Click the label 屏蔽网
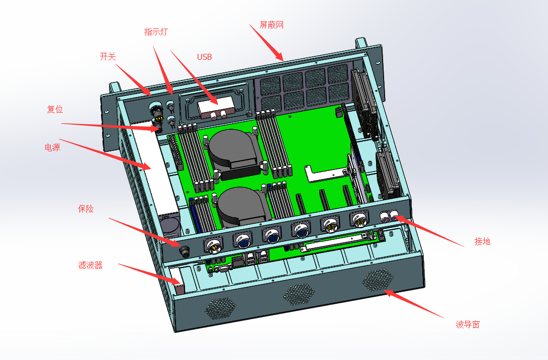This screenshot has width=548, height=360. [x=271, y=25]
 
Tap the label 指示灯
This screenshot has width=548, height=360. [x=156, y=32]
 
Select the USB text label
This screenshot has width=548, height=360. [x=205, y=57]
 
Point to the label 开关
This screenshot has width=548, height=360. [x=108, y=57]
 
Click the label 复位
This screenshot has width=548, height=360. [x=55, y=110]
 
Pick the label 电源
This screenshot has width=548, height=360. [x=52, y=147]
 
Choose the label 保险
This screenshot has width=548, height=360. [x=85, y=209]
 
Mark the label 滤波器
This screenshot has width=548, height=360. [x=90, y=265]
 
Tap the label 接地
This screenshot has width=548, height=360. [x=482, y=241]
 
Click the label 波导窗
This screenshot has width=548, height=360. [x=468, y=325]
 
